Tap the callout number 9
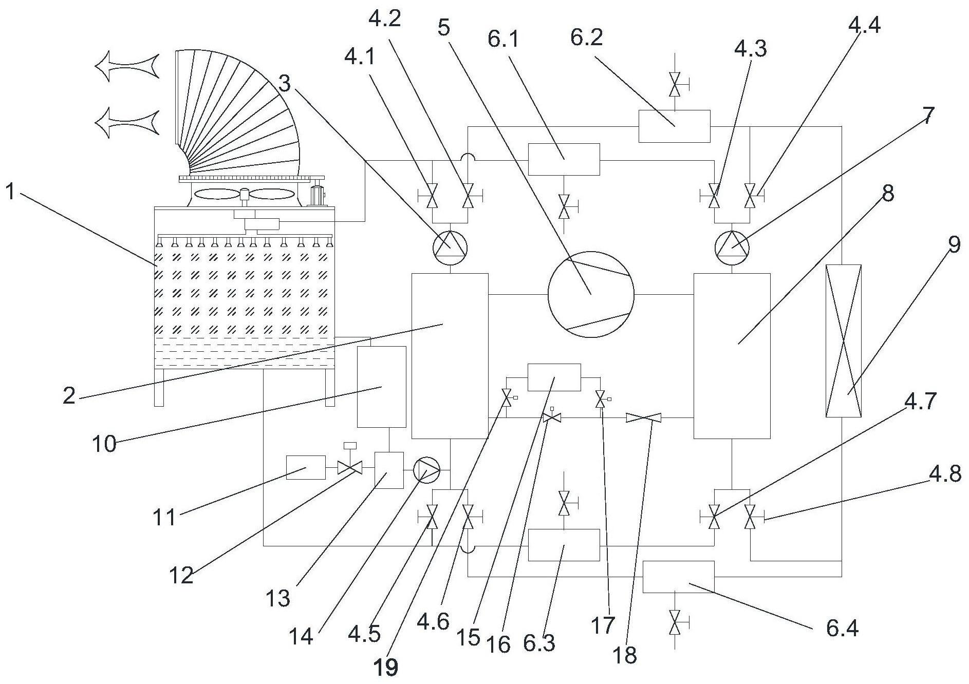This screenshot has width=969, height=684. (954, 245)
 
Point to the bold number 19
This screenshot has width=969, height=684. (385, 668)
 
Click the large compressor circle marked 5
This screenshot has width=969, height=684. (591, 294)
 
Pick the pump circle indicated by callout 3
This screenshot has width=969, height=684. (450, 248)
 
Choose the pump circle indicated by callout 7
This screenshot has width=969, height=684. (732, 248)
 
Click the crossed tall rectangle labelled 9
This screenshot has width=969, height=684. (843, 341)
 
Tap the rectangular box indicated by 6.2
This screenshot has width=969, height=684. (674, 126)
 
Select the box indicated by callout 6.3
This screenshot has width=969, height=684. (564, 545)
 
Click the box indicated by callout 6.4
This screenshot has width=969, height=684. (679, 577)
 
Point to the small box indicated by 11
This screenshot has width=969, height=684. (306, 467)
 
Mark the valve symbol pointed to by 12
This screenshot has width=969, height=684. (350, 467)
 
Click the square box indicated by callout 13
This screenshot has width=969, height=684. (389, 470)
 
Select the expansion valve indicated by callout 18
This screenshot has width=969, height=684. (643, 419)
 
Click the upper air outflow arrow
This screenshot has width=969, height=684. (127, 65)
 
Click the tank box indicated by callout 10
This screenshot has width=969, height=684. (381, 387)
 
